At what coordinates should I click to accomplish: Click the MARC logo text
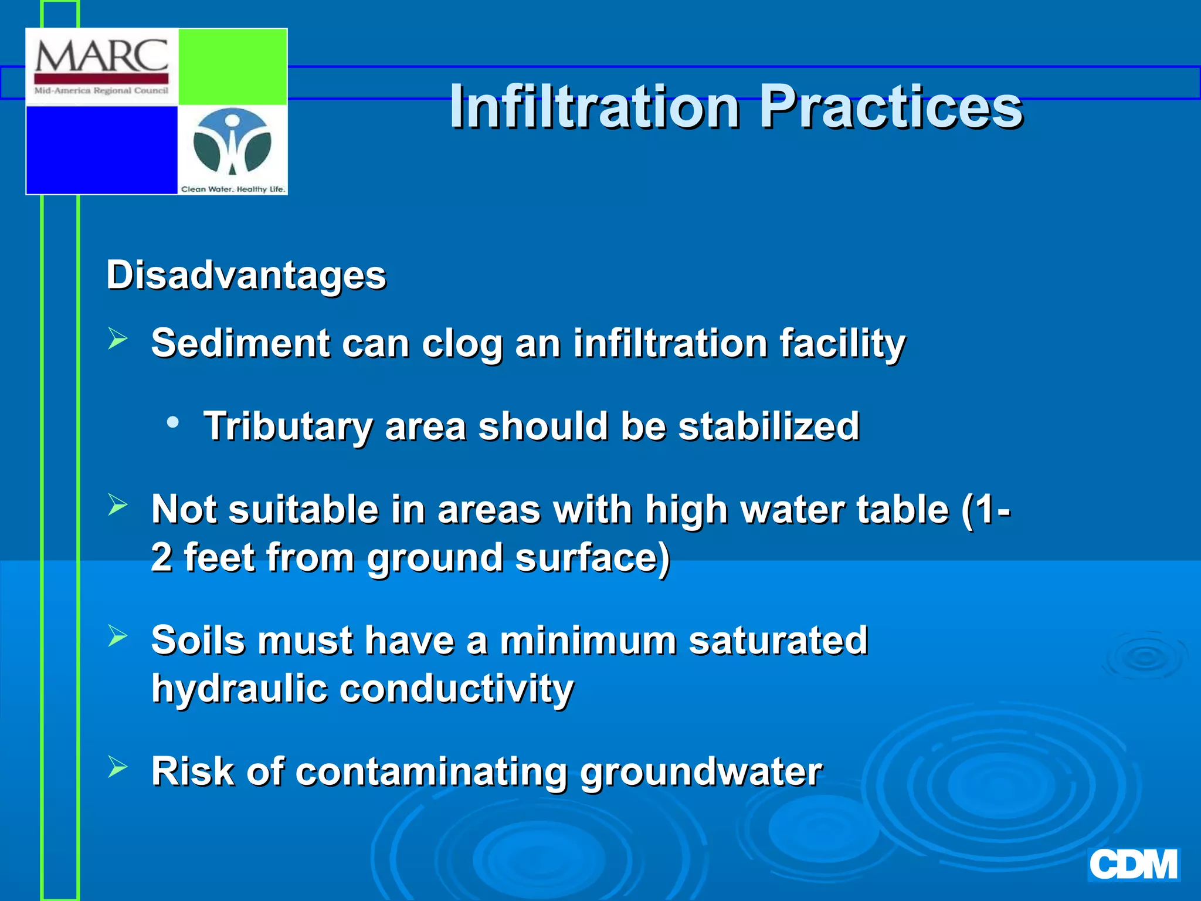point(101,57)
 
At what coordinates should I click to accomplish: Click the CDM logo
point(1133,865)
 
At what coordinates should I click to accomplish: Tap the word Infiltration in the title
point(595,107)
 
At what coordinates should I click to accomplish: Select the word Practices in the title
point(891,107)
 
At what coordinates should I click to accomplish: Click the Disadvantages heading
point(246,275)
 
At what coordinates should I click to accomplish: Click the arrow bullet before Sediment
point(118,339)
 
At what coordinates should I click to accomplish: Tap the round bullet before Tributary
point(172,422)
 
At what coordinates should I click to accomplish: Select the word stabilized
point(769,426)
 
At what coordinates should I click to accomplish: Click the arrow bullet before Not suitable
point(118,505)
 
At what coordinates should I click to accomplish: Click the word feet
point(219,557)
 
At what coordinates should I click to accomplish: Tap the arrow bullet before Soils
point(118,636)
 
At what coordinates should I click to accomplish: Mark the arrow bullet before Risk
point(118,767)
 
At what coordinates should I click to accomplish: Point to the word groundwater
point(701,772)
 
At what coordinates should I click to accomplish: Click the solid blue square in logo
point(101,150)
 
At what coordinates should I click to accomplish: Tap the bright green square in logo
point(232,66)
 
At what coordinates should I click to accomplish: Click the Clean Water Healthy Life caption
point(233,189)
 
